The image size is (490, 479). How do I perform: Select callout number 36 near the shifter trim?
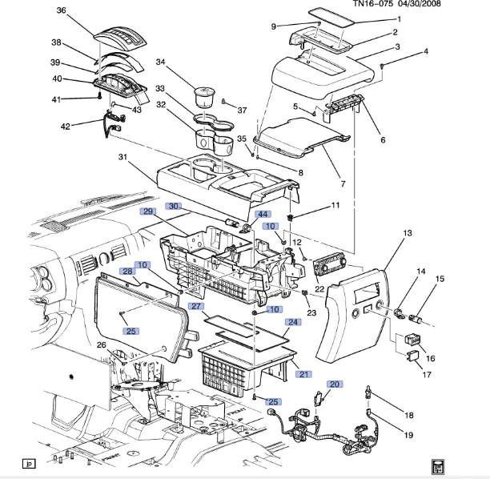[x=62, y=10]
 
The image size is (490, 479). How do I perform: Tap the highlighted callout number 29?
[x=148, y=211]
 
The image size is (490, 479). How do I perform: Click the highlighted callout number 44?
[x=262, y=215]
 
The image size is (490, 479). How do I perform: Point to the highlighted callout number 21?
[x=303, y=374]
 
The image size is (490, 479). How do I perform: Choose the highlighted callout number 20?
[x=334, y=384]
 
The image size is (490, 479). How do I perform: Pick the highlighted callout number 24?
[x=293, y=322]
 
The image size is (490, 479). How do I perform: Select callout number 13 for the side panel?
[x=407, y=232]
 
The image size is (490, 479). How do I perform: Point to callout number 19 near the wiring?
[x=408, y=436]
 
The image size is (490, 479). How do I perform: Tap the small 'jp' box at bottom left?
[x=28, y=463]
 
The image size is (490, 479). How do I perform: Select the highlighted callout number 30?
[x=175, y=206]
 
